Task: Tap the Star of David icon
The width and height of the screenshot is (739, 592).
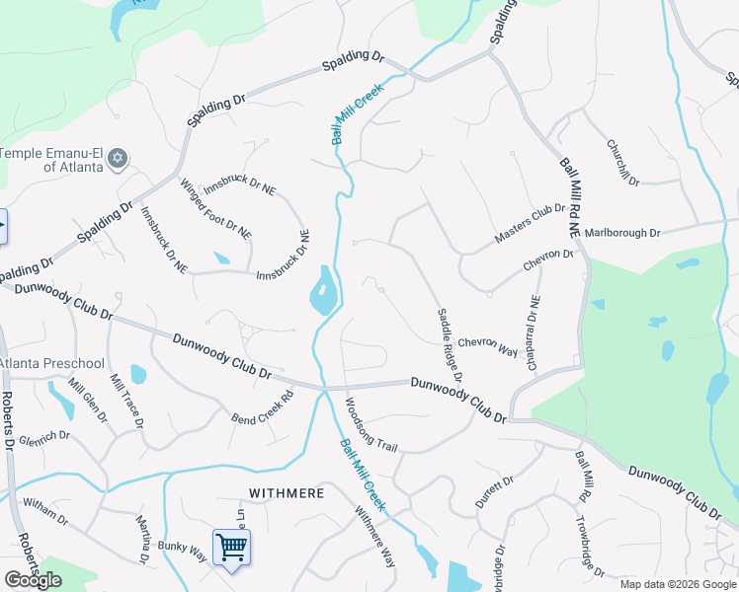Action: coord(118,158)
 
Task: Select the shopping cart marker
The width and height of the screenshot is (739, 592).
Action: coord(230,546)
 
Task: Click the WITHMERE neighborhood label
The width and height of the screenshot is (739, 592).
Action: coord(286,490)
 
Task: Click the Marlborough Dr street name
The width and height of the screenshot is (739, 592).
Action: coord(621,233)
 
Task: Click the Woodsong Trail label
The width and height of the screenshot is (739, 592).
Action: coord(370,425)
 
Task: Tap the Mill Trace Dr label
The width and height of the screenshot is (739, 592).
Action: coord(127,401)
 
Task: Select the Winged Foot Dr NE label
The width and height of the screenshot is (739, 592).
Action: coord(215,207)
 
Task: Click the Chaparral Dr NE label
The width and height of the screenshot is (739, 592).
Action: coord(534,333)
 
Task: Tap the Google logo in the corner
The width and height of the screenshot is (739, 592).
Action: coord(33,580)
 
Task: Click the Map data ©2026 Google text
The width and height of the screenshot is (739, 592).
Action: coord(678,584)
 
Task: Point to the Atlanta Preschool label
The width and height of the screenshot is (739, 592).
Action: coord(52,363)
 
